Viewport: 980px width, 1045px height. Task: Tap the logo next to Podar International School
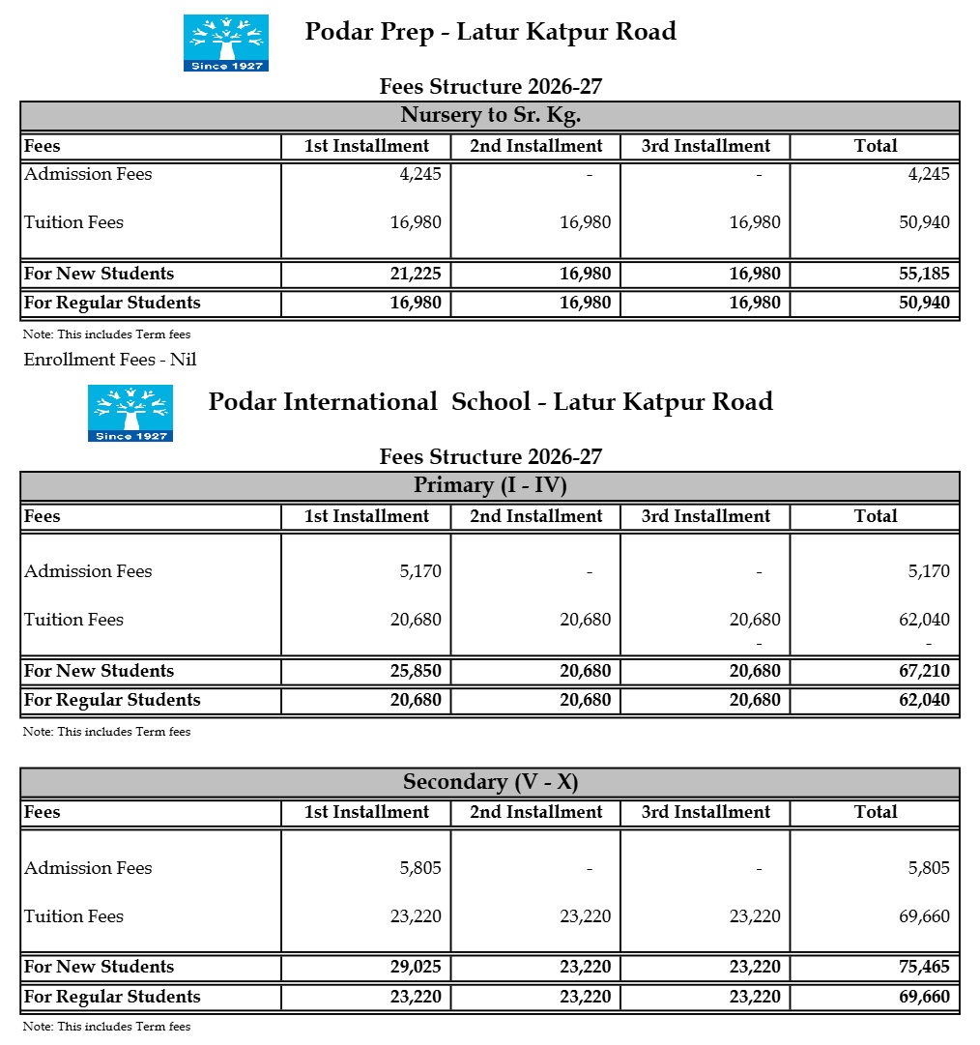tap(130, 413)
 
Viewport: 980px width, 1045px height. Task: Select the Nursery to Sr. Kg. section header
tap(490, 116)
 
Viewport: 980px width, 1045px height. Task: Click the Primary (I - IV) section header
tap(490, 485)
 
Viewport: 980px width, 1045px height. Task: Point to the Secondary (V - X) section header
tap(490, 782)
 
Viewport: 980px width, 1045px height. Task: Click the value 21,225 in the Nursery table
tap(416, 274)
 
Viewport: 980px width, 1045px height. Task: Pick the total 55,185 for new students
tap(924, 274)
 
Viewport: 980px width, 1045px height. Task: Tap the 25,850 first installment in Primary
tap(416, 671)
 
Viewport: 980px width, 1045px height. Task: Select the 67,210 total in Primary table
tap(924, 671)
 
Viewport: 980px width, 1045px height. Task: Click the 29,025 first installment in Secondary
tap(416, 967)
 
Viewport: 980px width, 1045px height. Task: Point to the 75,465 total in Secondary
tap(924, 967)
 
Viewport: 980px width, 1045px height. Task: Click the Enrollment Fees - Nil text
tap(110, 360)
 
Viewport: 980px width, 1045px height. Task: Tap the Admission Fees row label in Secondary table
tap(88, 868)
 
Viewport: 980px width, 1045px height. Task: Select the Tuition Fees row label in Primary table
tap(74, 620)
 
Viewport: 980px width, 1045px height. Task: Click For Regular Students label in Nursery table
tap(112, 303)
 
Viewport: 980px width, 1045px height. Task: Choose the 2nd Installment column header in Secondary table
tap(536, 812)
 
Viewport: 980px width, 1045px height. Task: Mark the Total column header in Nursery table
tap(876, 146)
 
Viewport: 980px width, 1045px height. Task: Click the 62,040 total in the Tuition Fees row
tap(924, 620)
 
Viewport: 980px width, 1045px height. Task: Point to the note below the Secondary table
tap(106, 1027)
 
